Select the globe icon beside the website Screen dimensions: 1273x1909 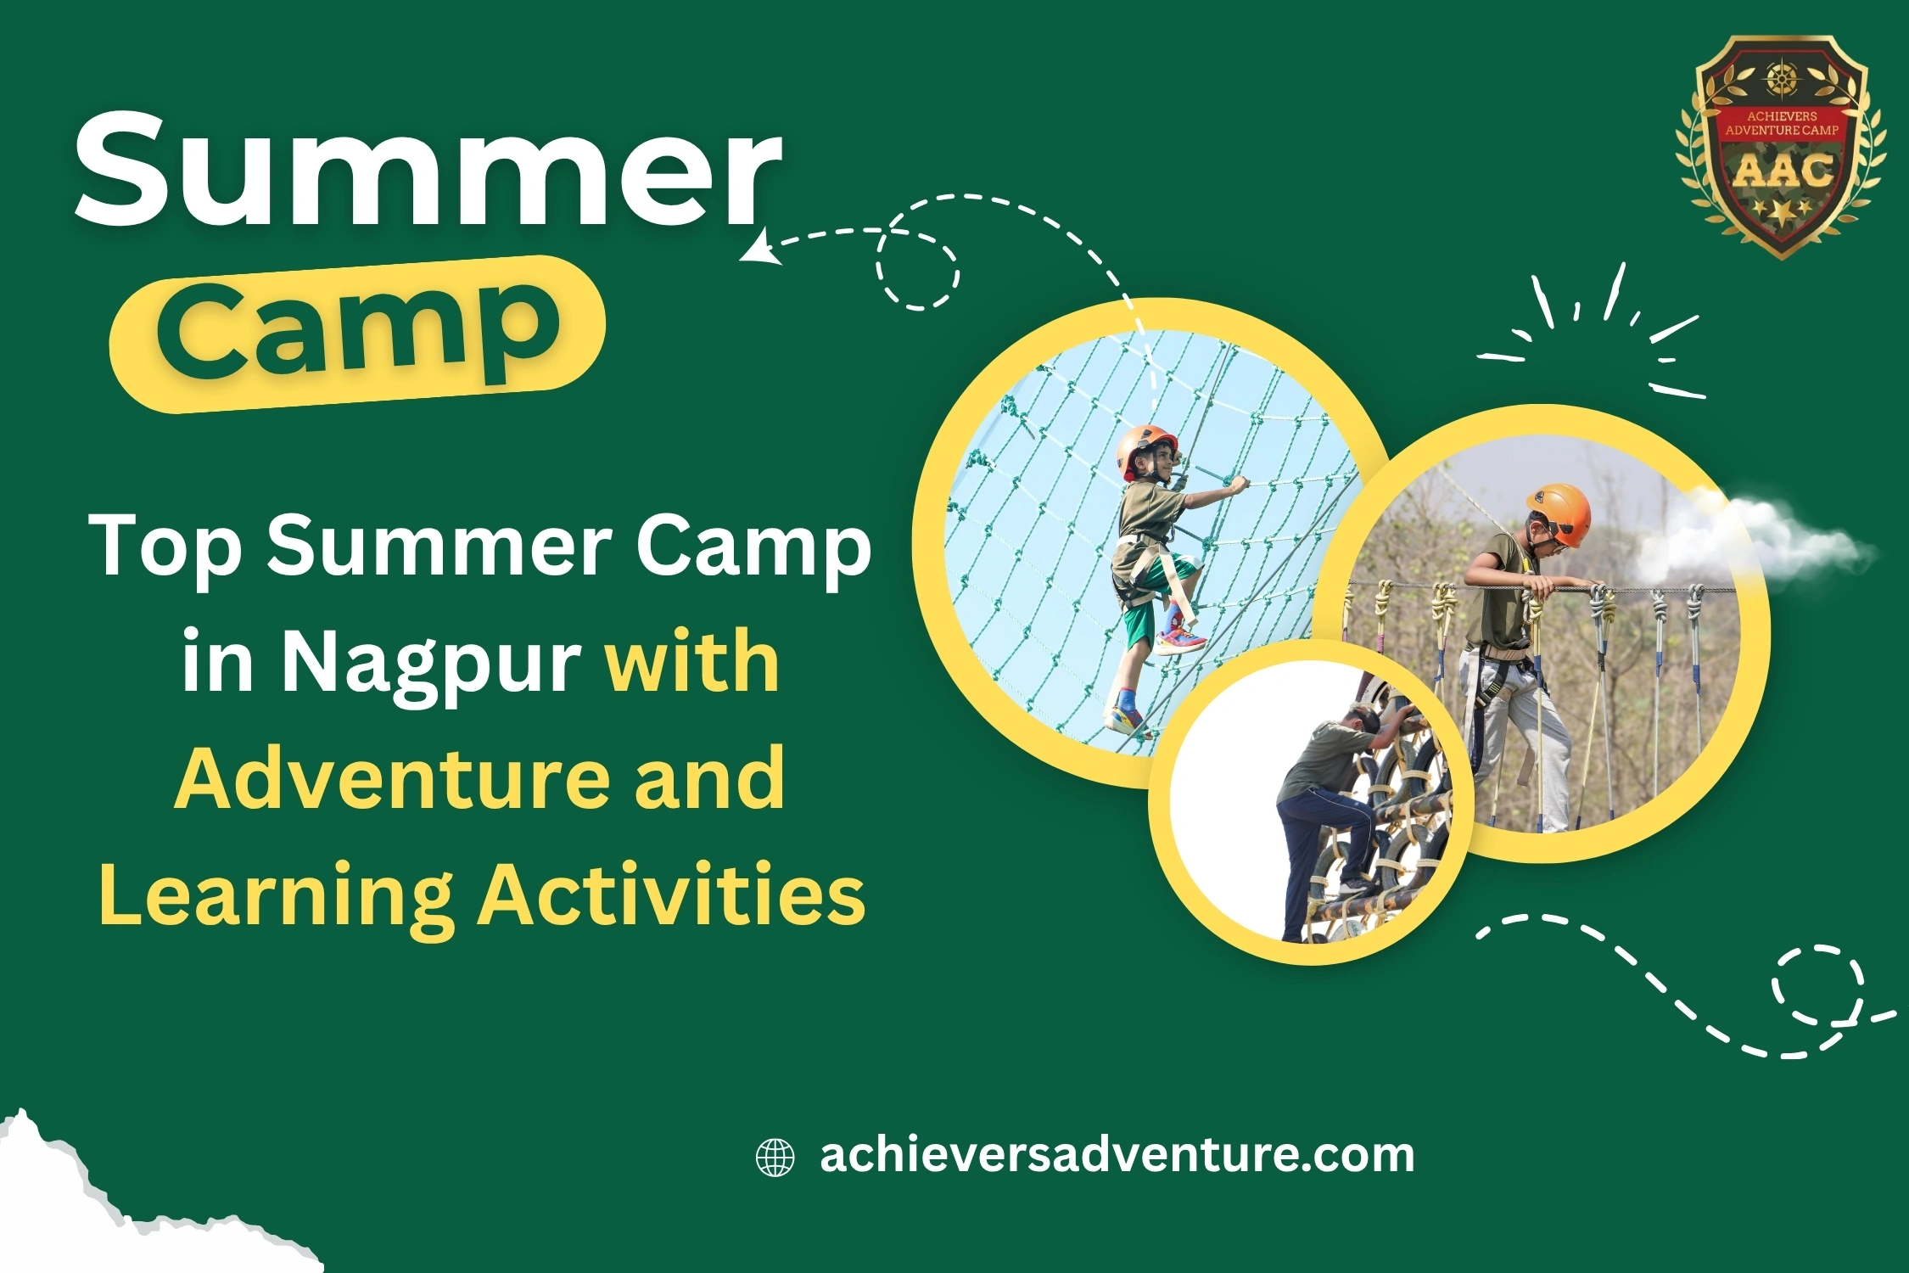click(775, 1158)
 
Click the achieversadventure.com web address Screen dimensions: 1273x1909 click(1117, 1156)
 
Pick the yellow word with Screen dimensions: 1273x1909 click(691, 661)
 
